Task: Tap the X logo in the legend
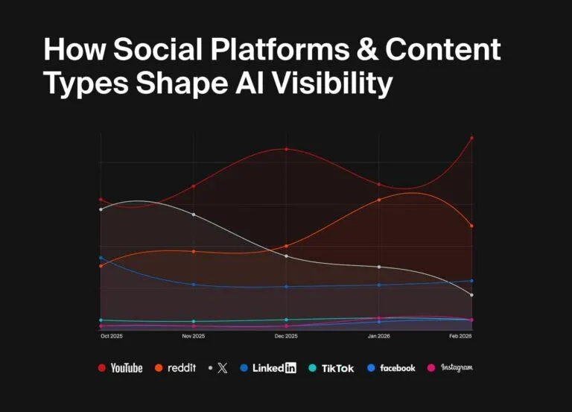coord(222,368)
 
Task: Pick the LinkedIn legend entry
coord(269,367)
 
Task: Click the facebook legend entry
coord(392,367)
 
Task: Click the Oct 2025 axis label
coord(111,337)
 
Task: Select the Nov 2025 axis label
coord(194,337)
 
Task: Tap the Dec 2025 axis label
coord(286,337)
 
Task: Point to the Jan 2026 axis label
coord(379,337)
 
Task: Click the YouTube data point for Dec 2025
coord(286,149)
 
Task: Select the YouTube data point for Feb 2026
coord(471,138)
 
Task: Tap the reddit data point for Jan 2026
coord(379,200)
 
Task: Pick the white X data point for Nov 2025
coord(194,215)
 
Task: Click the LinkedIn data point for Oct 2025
coord(101,258)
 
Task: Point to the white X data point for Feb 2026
coord(471,295)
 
